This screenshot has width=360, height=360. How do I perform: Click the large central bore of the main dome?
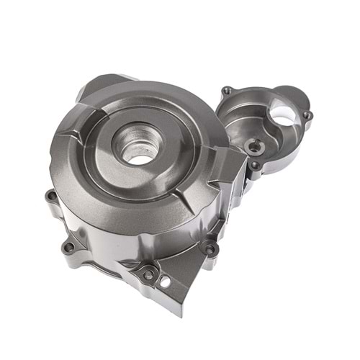[139, 148]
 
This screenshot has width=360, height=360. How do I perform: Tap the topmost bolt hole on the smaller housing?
[228, 91]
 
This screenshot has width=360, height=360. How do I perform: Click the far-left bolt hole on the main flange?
[50, 194]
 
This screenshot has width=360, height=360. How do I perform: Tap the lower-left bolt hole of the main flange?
[69, 247]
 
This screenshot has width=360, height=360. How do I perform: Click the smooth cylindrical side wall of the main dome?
[115, 230]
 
